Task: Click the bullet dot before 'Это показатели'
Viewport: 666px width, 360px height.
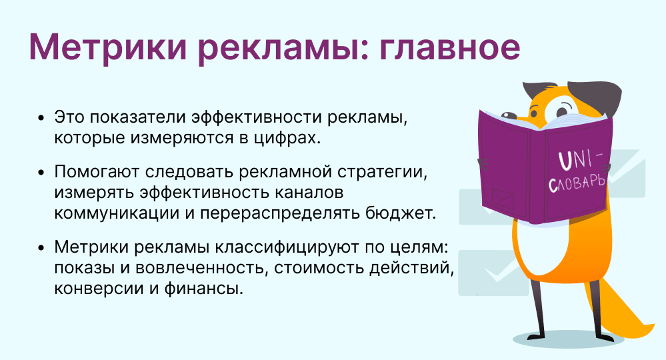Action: [x=43, y=119]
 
